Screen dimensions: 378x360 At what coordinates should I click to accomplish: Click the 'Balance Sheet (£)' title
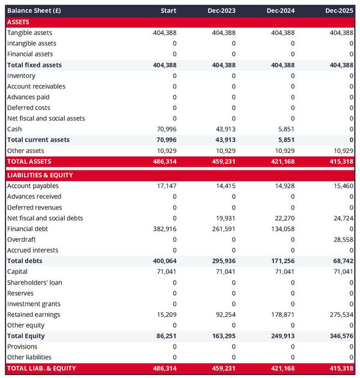34,11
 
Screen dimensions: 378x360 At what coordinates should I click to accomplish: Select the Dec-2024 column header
280,11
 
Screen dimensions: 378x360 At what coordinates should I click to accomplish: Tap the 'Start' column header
169,11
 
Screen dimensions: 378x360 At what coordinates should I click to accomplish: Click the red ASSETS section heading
19,22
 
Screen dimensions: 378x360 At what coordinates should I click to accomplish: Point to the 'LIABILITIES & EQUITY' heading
40,175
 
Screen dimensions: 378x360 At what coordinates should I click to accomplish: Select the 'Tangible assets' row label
29,33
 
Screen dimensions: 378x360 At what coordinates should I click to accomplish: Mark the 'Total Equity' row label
26,336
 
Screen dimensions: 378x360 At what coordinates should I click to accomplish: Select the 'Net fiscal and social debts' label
45,218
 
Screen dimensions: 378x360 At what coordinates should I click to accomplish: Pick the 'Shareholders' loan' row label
34,283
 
